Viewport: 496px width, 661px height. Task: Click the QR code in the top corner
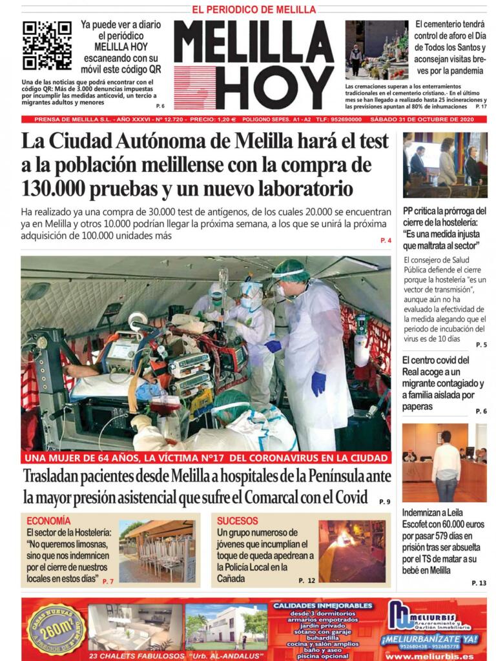coord(47,45)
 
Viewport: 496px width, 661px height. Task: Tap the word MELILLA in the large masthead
coord(253,42)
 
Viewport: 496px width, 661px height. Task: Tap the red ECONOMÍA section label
coord(48,520)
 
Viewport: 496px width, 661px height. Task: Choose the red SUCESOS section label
coord(237,520)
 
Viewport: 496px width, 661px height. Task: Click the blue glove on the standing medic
coord(318,383)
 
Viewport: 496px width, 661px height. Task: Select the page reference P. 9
coord(384,501)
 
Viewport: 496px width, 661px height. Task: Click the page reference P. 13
coord(479,583)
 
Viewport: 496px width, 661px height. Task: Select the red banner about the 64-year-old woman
coord(205,458)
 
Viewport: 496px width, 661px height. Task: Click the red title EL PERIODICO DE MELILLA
coord(254,10)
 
